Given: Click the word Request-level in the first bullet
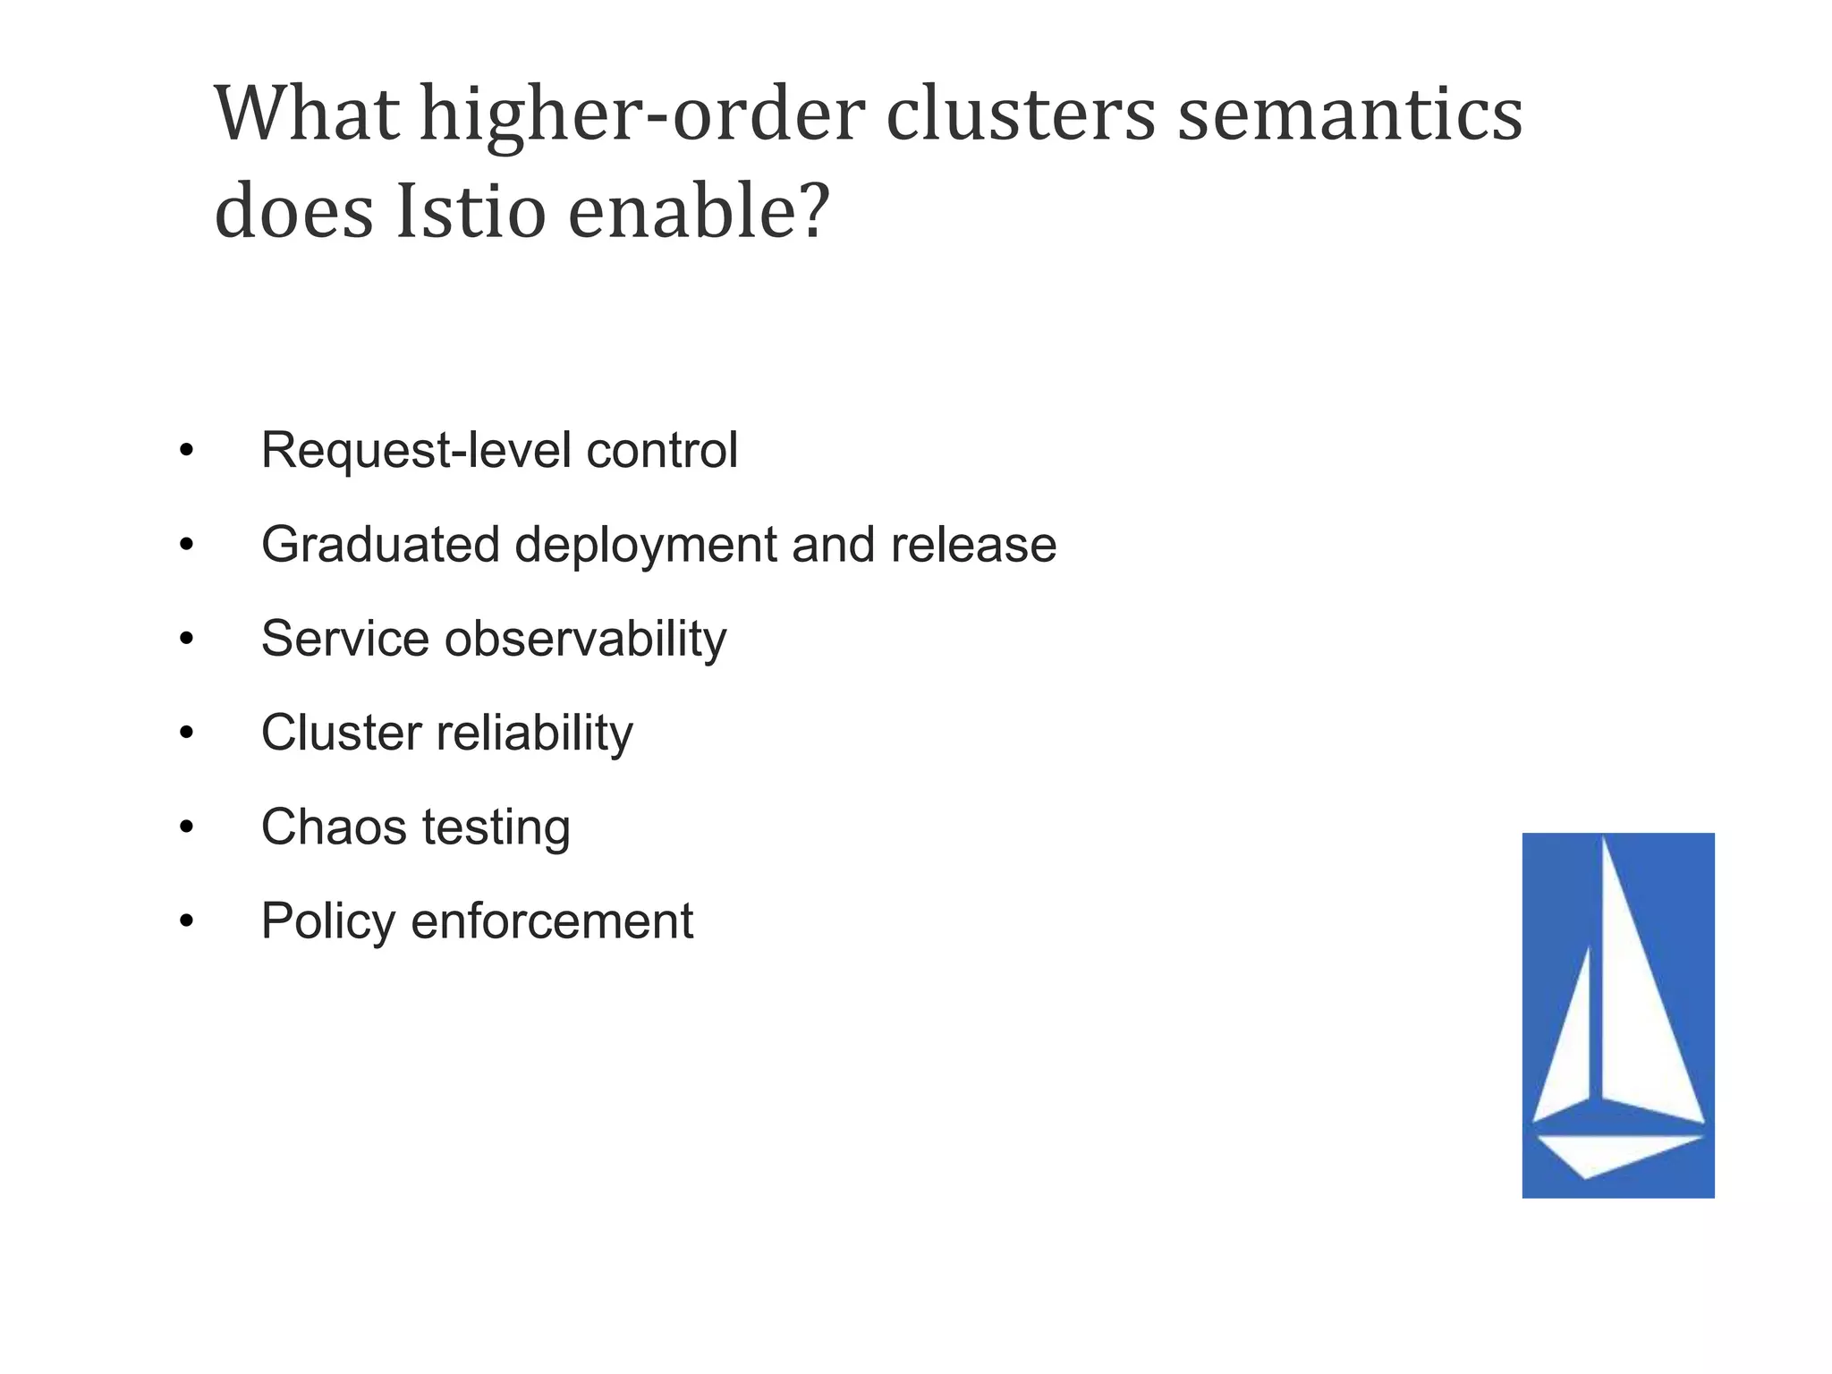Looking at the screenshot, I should point(416,450).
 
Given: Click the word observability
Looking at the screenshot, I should point(585,639).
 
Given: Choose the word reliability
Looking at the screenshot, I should point(534,733).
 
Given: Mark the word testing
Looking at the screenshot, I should point(496,827).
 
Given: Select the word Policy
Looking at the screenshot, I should point(327,921).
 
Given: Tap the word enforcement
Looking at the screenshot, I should point(552,921).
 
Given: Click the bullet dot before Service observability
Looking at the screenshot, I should point(186,639).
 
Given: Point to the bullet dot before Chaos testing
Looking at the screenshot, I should point(186,827).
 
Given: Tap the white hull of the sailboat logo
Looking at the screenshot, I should point(1610,1151).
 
